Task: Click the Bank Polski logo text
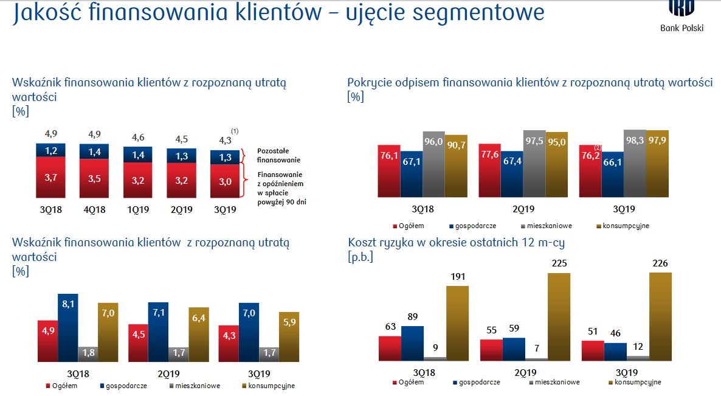click(x=681, y=27)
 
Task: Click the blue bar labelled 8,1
click(x=69, y=328)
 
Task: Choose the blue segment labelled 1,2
click(x=52, y=150)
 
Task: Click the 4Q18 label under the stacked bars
click(x=95, y=210)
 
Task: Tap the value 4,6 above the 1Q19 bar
click(x=138, y=137)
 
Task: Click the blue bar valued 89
click(x=413, y=343)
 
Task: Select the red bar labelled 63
click(x=390, y=348)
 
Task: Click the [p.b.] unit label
click(x=360, y=257)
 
